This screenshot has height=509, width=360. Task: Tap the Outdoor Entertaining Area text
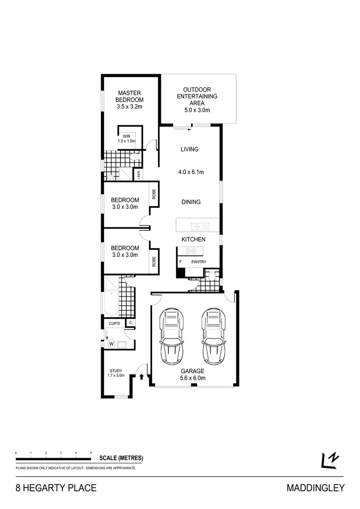[200, 100]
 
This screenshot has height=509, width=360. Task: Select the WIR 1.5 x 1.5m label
[126, 139]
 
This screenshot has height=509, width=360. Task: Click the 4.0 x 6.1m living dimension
[190, 172]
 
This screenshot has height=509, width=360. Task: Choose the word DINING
[191, 202]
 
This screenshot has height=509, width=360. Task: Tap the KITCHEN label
[193, 239]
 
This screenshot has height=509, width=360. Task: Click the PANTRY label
[198, 262]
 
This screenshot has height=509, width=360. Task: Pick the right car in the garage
[214, 336]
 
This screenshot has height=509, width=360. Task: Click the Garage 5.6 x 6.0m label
[192, 374]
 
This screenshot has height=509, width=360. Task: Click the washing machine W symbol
[111, 343]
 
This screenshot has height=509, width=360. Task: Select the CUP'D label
[114, 323]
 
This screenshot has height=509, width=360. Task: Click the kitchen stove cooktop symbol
[191, 251]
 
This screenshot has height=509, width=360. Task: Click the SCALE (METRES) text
[121, 458]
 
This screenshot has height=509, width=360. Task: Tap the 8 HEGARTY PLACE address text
[56, 488]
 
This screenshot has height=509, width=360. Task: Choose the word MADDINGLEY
[315, 488]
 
